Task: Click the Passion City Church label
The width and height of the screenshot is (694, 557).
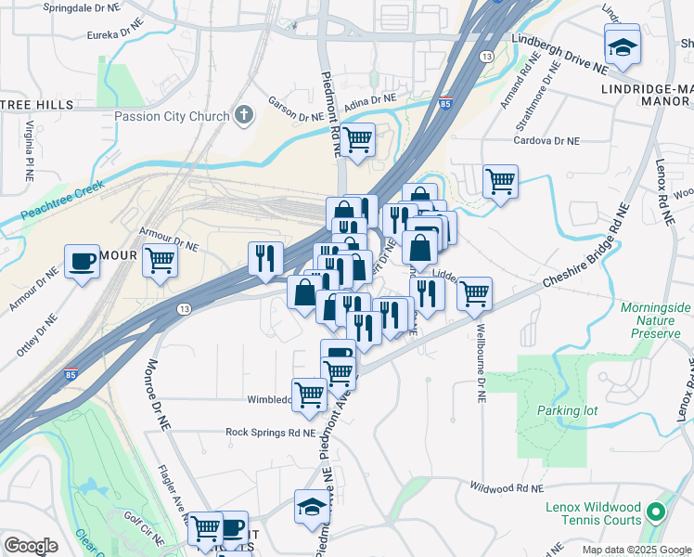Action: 172,116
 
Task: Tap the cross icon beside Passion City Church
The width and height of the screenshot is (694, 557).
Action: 244,116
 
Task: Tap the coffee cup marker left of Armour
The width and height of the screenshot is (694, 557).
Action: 82,262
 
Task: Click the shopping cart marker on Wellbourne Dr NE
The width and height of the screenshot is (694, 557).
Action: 474,292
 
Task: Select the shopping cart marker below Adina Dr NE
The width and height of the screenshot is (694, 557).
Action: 356,140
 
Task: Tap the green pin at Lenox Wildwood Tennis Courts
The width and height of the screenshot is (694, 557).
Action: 656,512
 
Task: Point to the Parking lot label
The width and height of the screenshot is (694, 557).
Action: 567,409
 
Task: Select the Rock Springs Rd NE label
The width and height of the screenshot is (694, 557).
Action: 270,432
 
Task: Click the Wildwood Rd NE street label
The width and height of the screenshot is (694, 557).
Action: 505,486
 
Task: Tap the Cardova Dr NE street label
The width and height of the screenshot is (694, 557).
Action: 547,141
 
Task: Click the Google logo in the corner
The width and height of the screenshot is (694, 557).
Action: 31,545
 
